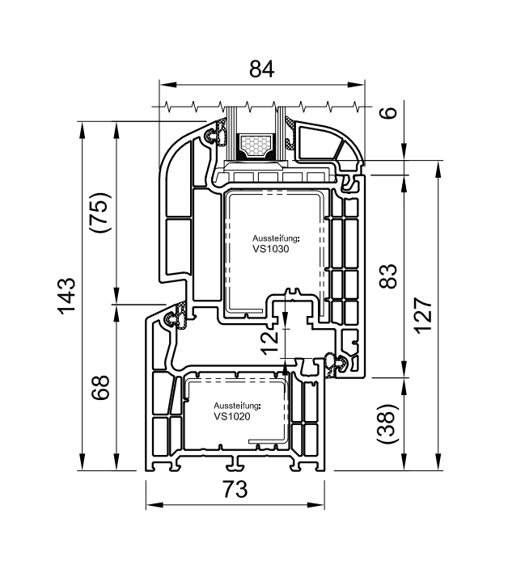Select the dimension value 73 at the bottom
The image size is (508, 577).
pyautogui.click(x=234, y=489)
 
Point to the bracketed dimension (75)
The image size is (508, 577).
pyautogui.click(x=101, y=213)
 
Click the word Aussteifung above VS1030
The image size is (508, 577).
pyautogui.click(x=276, y=239)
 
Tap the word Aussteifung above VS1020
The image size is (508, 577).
pyautogui.click(x=235, y=406)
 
